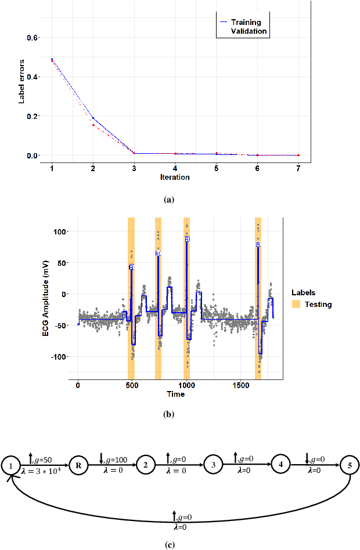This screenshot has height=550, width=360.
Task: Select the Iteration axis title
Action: [x=175, y=176]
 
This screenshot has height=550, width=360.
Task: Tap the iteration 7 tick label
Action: [x=298, y=168]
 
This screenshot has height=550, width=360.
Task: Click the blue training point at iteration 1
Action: [x=52, y=59]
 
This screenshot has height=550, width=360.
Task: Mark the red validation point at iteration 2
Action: [x=93, y=125]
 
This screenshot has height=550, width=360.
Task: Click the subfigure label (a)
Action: [x=169, y=199]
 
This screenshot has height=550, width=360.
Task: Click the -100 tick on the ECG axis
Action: [x=59, y=356]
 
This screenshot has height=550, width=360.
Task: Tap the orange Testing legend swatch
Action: [x=296, y=304]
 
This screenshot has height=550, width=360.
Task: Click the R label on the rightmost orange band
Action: [x=258, y=245]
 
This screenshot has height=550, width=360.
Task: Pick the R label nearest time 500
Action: [x=131, y=267]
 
